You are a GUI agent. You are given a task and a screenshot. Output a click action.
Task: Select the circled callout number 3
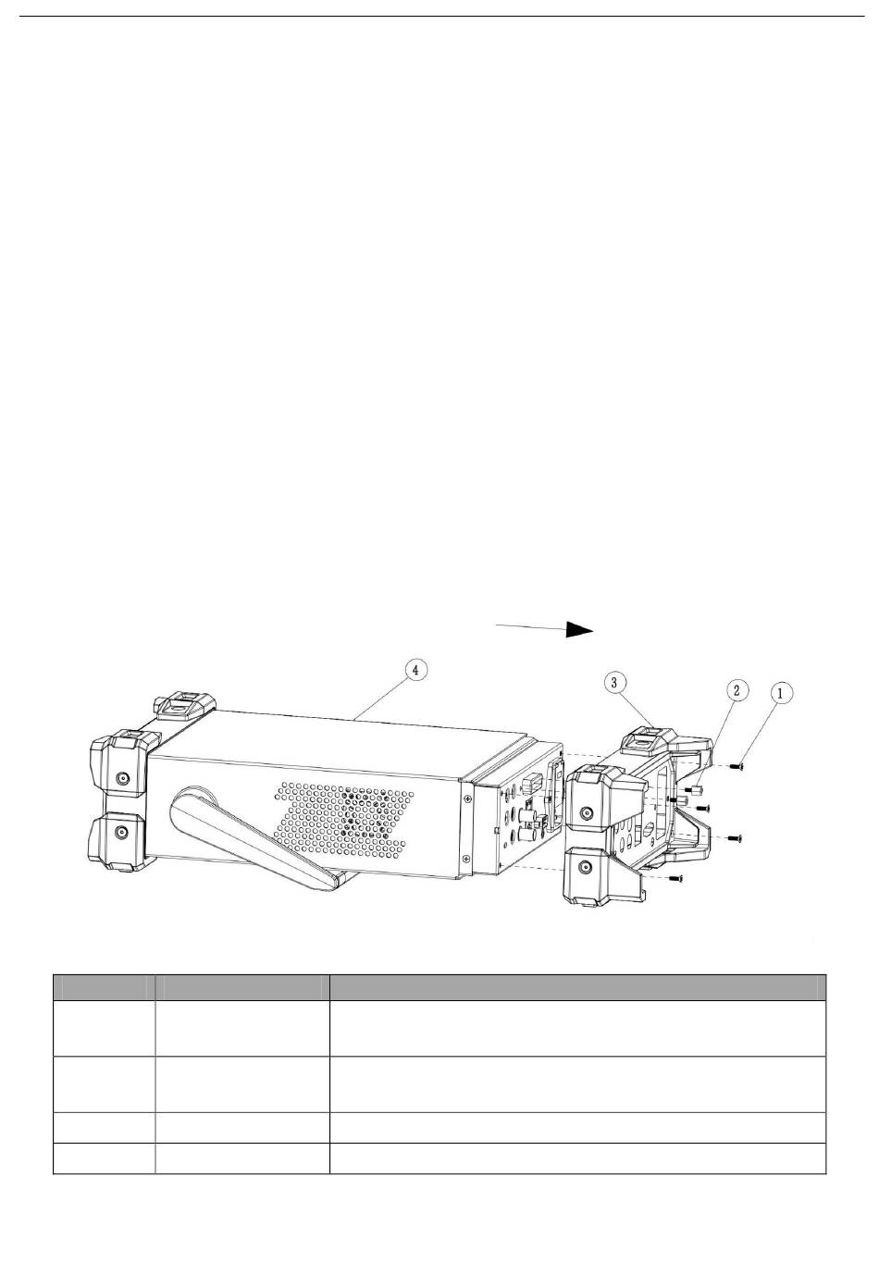(613, 683)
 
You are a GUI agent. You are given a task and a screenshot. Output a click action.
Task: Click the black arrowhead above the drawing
(579, 629)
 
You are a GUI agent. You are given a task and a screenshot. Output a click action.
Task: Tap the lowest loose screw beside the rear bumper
(675, 878)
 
